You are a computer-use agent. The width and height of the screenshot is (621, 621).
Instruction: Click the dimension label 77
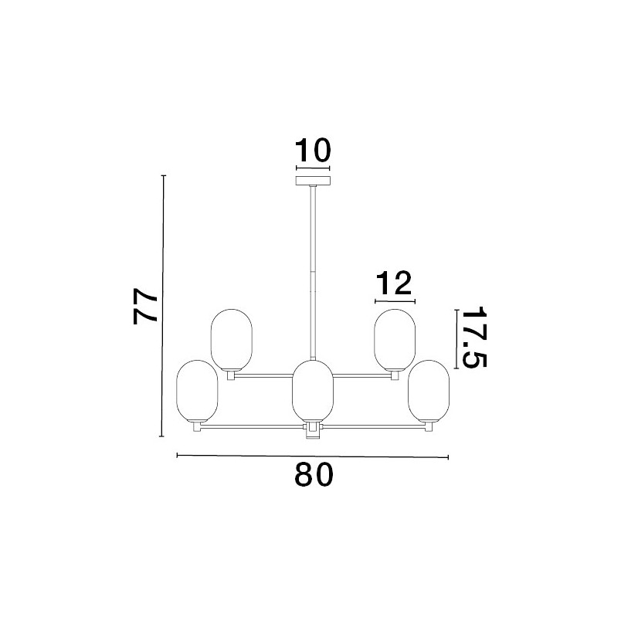pyautogui.click(x=145, y=306)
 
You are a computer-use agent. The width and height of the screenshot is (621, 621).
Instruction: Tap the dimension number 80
pyautogui.click(x=314, y=475)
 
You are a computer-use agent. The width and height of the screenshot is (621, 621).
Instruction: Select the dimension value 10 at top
pyautogui.click(x=313, y=151)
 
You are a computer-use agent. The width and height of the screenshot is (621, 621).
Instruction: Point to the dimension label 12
pyautogui.click(x=394, y=283)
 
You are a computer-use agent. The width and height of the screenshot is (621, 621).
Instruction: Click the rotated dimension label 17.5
pyautogui.click(x=473, y=337)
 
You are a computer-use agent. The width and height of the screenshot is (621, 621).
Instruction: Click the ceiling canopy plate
pyautogui.click(x=313, y=181)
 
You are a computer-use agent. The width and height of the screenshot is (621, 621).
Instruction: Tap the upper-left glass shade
pyautogui.click(x=232, y=340)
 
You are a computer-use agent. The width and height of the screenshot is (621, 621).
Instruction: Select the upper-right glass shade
pyautogui.click(x=395, y=340)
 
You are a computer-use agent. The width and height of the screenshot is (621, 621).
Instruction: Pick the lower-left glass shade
pyautogui.click(x=197, y=392)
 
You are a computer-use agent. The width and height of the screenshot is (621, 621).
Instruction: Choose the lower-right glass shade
pyautogui.click(x=429, y=392)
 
